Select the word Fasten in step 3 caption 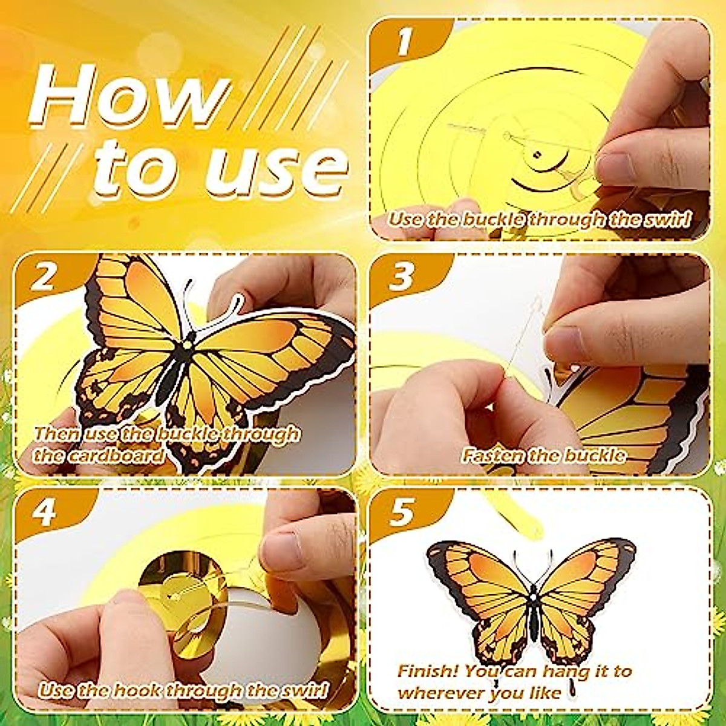(x=489, y=455)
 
